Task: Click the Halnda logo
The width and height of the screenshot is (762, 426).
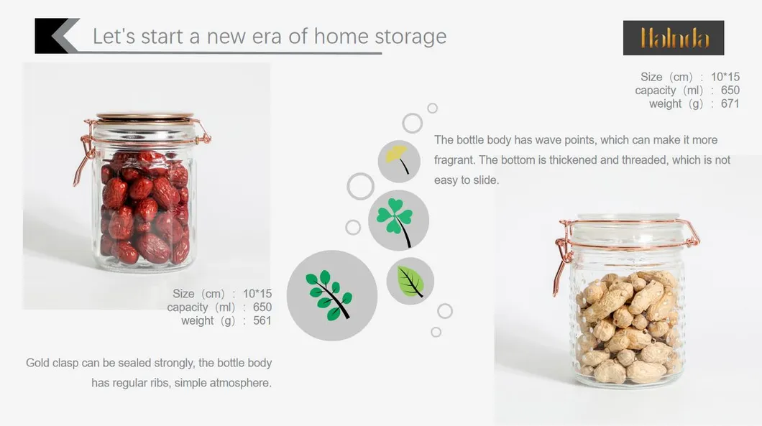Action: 674,38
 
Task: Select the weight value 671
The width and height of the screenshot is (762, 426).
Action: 730,104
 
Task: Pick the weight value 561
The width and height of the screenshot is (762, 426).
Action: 262,321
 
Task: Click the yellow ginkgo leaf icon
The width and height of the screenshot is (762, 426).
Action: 399,160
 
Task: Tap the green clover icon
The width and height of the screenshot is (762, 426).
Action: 398,219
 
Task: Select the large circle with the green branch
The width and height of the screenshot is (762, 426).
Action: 331,295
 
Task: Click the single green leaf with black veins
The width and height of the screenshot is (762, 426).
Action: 410,281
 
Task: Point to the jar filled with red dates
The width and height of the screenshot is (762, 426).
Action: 144,198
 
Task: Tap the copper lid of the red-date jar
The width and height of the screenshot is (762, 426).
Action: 144,117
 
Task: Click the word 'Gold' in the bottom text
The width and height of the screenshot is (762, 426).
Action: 38,363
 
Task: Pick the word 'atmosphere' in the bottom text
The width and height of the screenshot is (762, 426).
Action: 242,383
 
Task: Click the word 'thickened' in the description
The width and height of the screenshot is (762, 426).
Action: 573,160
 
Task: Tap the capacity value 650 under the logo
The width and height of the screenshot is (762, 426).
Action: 730,91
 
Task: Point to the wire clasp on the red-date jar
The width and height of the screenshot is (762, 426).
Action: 83,154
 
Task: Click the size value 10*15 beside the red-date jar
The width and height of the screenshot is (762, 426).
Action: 257,294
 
